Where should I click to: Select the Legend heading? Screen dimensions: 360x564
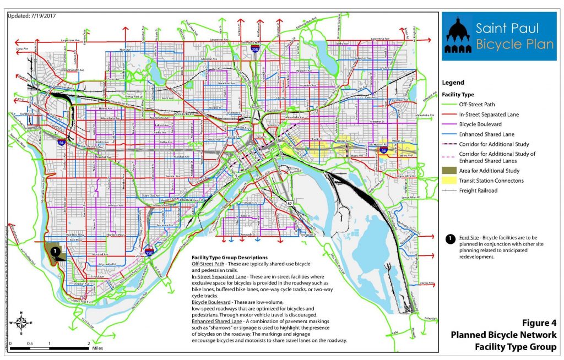(x=453, y=83)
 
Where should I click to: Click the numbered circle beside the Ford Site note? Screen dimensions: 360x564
(x=449, y=239)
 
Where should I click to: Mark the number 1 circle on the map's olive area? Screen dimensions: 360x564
(x=55, y=250)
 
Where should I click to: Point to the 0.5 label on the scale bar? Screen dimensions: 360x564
(x=30, y=343)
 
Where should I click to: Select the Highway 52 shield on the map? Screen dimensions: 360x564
(x=290, y=204)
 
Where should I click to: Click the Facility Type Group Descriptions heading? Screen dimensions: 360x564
(x=229, y=258)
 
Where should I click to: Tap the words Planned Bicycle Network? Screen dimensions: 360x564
(x=503, y=335)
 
